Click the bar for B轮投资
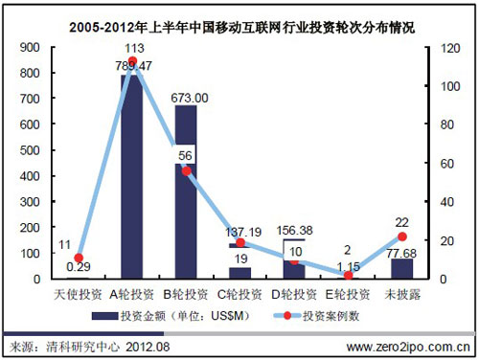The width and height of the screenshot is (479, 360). pos(186,191)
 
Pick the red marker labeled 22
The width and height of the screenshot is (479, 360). pos(402,236)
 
